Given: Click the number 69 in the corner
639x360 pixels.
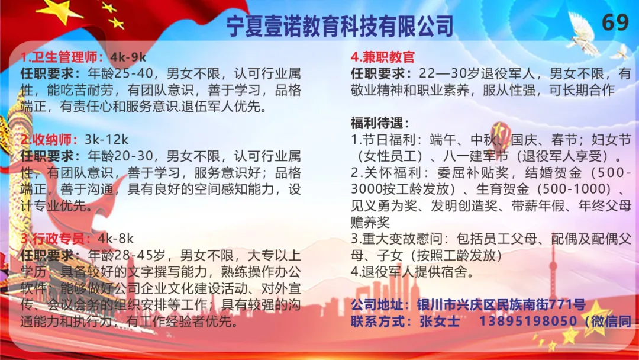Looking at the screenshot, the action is [x=615, y=22].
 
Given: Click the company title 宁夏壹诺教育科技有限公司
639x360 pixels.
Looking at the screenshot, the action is [x=340, y=25].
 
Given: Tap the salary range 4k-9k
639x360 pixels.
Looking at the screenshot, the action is [x=128, y=57].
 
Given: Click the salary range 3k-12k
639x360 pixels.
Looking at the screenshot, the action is [x=106, y=139].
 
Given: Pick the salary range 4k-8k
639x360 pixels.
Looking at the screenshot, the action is [x=115, y=239].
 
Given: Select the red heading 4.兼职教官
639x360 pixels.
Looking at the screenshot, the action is [x=383, y=57].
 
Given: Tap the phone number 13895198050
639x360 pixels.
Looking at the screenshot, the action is [x=528, y=322].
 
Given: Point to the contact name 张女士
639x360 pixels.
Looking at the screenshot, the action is [x=439, y=322].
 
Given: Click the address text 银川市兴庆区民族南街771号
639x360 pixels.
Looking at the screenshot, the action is [x=501, y=304].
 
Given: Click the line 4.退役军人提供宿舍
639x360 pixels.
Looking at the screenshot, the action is [x=412, y=272].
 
